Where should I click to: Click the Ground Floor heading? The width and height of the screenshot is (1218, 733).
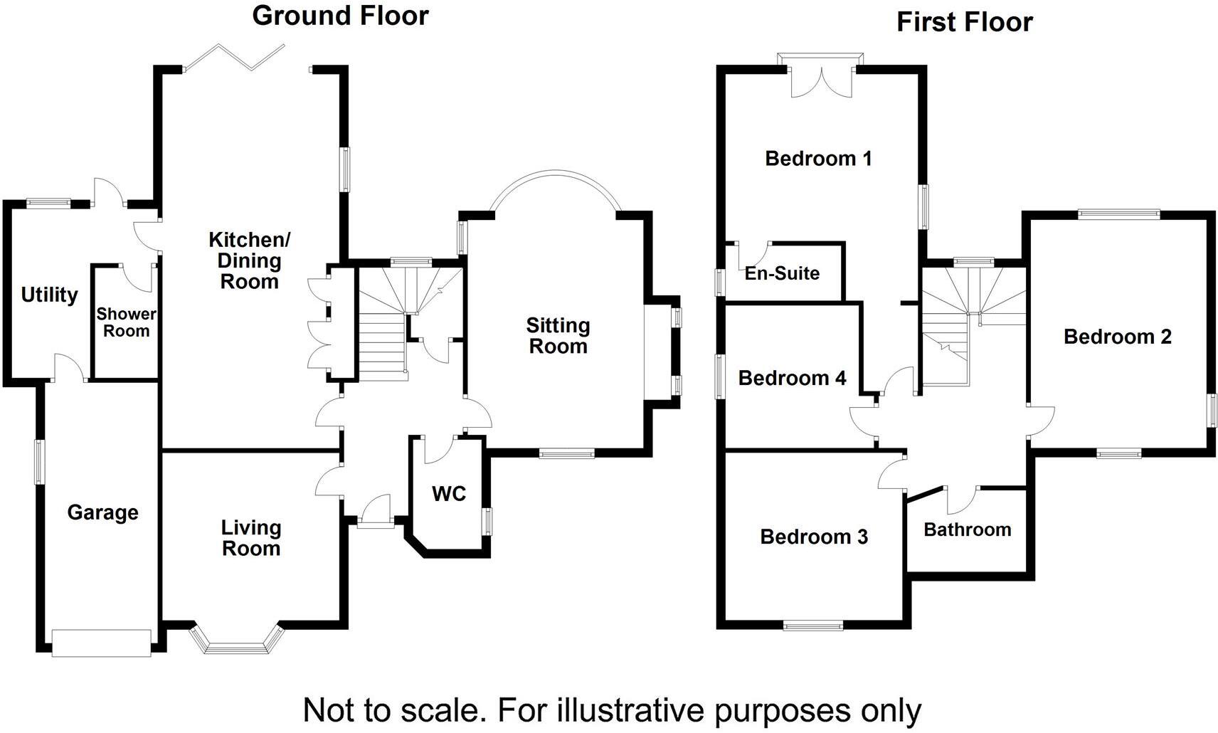click(340, 16)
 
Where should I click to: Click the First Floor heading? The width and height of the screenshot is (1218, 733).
click(965, 22)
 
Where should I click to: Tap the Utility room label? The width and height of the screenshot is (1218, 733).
click(50, 295)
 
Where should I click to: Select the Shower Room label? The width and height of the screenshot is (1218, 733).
click(126, 322)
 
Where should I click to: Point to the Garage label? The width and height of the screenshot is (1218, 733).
click(102, 513)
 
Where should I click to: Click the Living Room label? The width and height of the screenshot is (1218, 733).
click(251, 538)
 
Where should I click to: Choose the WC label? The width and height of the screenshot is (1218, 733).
click(449, 494)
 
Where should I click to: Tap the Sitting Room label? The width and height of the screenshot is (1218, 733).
click(558, 335)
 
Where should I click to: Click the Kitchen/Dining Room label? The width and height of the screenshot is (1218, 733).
click(250, 260)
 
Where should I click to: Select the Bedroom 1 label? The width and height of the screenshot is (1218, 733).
click(818, 159)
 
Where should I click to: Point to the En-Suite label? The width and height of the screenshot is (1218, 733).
click(782, 273)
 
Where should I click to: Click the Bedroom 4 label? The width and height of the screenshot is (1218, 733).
click(793, 378)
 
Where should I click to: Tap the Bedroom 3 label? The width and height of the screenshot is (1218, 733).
click(814, 537)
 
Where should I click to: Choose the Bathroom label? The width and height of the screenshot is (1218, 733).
click(968, 529)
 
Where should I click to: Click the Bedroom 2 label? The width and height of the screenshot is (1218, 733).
click(1118, 337)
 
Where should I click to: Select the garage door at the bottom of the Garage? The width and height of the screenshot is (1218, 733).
click(101, 643)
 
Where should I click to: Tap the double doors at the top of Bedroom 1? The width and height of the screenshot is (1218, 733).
click(821, 75)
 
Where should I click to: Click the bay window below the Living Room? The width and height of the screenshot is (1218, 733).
click(236, 639)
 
